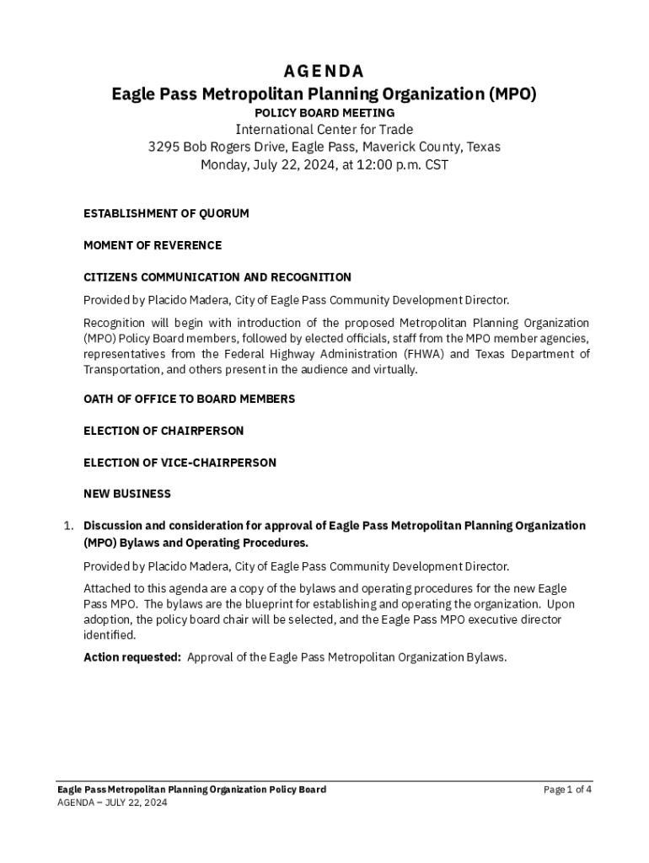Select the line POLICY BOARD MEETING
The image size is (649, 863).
(324, 112)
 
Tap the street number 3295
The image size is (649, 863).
(164, 147)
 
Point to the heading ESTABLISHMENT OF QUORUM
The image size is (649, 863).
(166, 214)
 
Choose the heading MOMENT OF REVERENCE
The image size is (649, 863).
(153, 245)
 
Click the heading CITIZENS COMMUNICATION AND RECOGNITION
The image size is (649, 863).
(217, 277)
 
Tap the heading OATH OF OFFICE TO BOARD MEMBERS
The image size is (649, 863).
(190, 399)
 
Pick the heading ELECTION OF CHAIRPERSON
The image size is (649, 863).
(164, 431)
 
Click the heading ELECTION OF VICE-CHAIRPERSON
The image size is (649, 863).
(180, 463)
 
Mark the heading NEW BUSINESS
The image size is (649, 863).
(127, 494)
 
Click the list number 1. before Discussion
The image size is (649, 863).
(70, 526)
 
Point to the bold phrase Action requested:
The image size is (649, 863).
(132, 657)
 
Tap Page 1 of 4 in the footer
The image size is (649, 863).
(567, 790)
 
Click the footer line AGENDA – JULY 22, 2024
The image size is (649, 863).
(112, 803)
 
